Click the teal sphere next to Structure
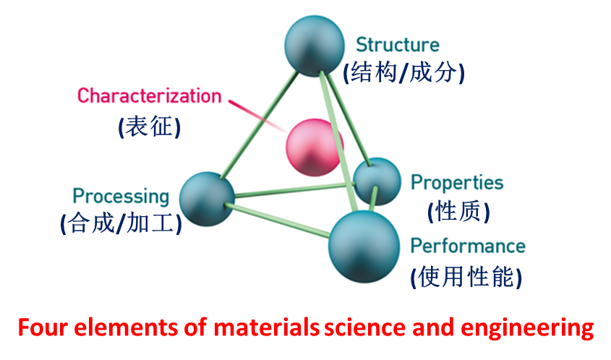click(315, 46)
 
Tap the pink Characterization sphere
click(315, 147)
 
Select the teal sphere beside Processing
click(207, 199)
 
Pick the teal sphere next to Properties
click(377, 181)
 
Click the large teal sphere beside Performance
click(364, 247)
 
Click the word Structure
click(398, 44)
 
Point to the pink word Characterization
click(149, 96)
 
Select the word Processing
click(121, 196)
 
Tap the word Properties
click(457, 183)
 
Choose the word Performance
click(468, 246)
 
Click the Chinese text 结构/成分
click(403, 72)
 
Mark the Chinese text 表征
click(149, 127)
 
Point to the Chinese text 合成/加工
click(121, 223)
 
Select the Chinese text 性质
click(458, 212)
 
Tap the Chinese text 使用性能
click(466, 277)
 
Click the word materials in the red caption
click(267, 327)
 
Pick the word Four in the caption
click(43, 327)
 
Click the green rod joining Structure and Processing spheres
click(260, 124)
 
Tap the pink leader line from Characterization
click(257, 116)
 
